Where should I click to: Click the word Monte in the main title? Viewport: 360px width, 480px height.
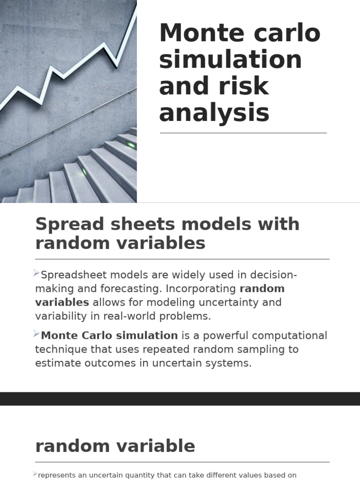point(196,34)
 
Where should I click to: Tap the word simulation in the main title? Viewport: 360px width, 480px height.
point(230,60)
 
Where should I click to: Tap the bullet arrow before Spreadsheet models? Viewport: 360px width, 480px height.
point(37,273)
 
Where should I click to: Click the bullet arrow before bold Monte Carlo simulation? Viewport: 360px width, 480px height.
point(37,334)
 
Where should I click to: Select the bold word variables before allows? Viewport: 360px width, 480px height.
point(62,302)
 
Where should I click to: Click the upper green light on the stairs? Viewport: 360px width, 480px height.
point(131,145)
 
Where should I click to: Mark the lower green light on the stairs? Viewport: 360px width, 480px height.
point(85,172)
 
